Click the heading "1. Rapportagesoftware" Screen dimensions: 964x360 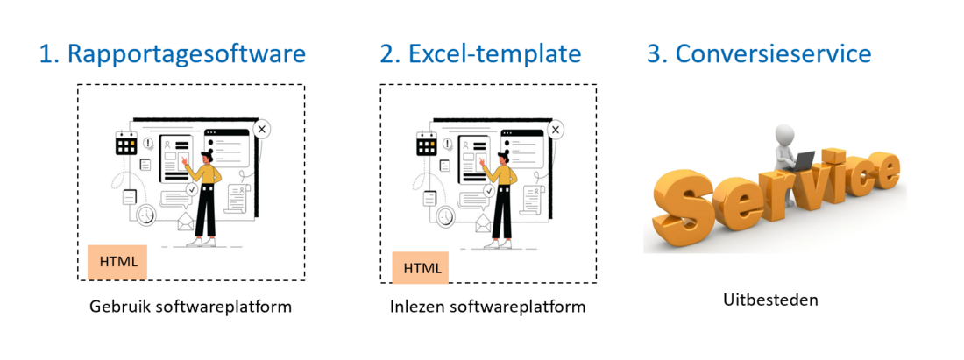[172, 54]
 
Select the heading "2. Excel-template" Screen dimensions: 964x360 [480, 54]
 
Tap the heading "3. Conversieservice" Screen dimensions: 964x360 [759, 54]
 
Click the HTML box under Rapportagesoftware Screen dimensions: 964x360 [117, 262]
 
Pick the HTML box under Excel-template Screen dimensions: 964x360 [422, 268]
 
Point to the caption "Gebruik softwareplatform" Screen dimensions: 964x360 [190, 306]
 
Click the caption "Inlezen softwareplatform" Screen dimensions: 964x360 [488, 306]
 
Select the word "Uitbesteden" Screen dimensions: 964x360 [771, 300]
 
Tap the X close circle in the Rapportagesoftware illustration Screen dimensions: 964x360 [262, 129]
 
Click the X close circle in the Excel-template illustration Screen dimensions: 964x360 [556, 129]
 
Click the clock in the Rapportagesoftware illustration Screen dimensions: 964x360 [146, 215]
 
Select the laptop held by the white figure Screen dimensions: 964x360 [801, 161]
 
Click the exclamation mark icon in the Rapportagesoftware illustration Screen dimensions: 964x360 [148, 144]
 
